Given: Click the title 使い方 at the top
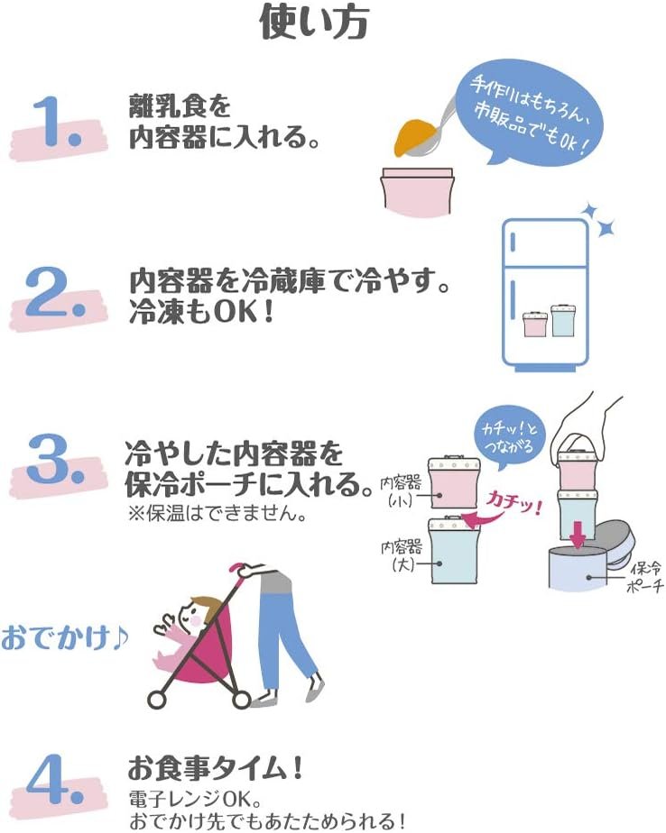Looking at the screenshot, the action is coord(314,23).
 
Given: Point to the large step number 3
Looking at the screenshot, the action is coord(56,459).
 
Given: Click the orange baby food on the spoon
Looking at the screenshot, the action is coord(415,137).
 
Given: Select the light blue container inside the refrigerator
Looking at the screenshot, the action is coord(564,320).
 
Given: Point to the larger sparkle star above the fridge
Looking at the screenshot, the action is coord(606,228).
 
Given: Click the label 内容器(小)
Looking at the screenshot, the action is coord(401,490).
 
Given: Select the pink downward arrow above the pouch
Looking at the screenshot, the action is coord(578,534).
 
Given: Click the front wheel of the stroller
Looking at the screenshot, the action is coord(157,700).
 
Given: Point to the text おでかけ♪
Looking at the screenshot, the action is coord(65,636).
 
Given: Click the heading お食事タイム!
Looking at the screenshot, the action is coord(216,767).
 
